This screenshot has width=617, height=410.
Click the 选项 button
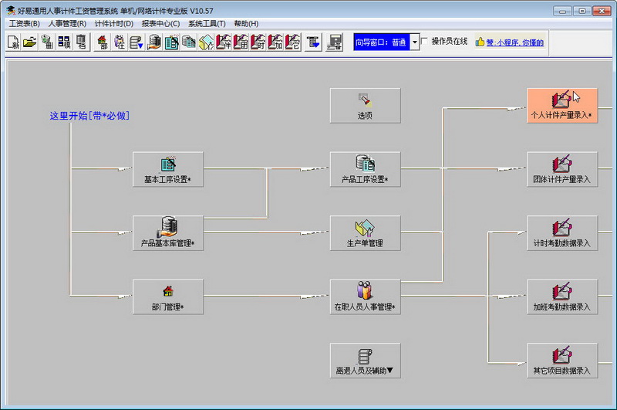[365, 106]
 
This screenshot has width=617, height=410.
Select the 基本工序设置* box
[168, 169]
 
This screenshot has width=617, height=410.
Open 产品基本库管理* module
[168, 233]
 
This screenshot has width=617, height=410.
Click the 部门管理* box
[168, 297]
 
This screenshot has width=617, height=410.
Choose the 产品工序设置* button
[365, 169]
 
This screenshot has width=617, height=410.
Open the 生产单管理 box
[365, 233]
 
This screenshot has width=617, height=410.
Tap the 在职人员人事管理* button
[365, 297]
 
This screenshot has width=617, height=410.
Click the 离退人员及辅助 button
[365, 361]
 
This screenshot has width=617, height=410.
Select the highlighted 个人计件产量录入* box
[562, 106]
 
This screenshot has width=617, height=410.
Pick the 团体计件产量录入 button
[562, 169]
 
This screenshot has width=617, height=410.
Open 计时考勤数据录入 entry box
[562, 233]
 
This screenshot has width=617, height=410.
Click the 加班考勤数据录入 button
[562, 297]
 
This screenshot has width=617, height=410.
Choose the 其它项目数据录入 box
[562, 361]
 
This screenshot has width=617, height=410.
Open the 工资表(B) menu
[25, 24]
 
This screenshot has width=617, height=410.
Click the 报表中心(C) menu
[160, 24]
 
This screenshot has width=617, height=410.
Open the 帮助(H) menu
[246, 24]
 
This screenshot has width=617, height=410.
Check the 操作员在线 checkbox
[425, 42]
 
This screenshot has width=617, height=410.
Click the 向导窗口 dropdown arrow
[414, 42]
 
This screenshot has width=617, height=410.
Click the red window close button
[602, 11]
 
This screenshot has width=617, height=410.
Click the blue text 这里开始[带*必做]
[89, 116]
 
